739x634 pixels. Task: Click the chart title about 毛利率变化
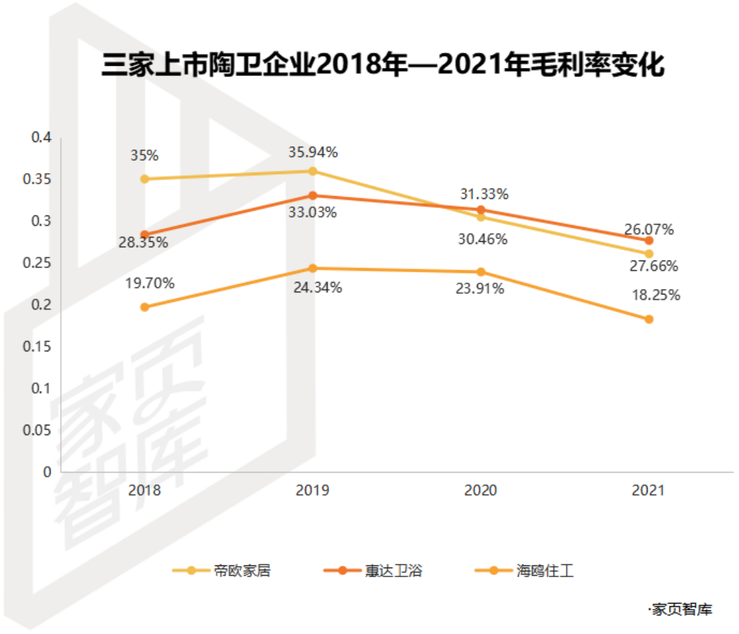point(383,64)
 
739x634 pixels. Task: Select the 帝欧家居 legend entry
point(222,571)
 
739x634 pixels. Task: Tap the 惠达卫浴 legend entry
point(373,571)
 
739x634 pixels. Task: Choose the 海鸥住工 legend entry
point(524,571)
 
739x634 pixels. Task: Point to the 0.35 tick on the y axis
point(37,179)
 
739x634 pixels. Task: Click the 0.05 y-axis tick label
point(37,430)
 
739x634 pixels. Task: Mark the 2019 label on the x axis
point(312,491)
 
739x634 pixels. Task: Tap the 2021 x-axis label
point(648,491)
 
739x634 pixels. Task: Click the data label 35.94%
point(313,152)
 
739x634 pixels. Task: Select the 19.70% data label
point(150,283)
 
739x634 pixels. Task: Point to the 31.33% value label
point(485,194)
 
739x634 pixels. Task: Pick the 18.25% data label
point(656,296)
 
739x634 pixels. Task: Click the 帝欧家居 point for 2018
point(145,179)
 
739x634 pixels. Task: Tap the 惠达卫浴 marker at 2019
point(312,195)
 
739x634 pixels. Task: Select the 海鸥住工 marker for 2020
point(481,272)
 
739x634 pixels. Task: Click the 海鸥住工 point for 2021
point(649,319)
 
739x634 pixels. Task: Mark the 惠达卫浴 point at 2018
point(145,235)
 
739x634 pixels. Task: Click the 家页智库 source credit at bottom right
point(680,610)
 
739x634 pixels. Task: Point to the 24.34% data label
point(318,288)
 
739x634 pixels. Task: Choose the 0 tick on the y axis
point(47,472)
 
